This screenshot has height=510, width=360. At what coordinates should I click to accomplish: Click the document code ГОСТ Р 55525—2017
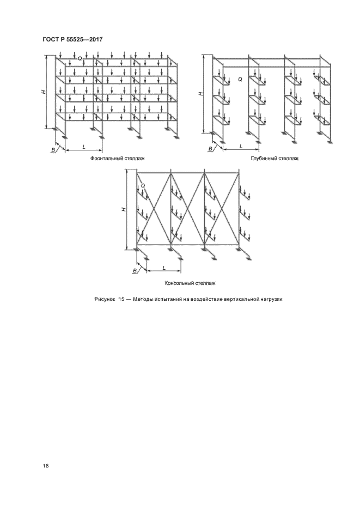click(72, 39)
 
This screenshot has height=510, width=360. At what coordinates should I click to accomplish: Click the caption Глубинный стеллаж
click(274, 159)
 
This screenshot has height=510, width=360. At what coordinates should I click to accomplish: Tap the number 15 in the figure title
click(122, 299)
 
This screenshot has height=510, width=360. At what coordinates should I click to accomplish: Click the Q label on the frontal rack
click(80, 58)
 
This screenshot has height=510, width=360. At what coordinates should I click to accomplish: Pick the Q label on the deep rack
click(240, 80)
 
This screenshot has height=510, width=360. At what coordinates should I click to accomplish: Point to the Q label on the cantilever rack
click(143, 186)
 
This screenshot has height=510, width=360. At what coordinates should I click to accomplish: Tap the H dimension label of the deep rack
click(200, 94)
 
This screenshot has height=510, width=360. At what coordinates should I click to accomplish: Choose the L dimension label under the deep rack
click(241, 147)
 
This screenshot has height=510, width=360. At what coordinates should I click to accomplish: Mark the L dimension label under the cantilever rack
click(164, 267)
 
